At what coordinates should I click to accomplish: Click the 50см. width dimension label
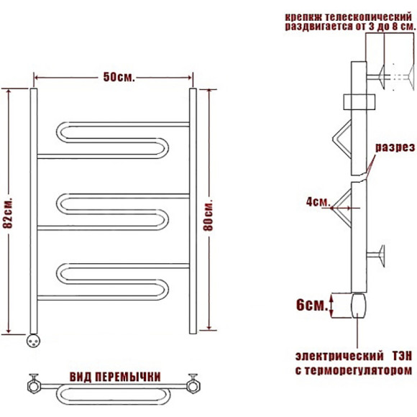119,77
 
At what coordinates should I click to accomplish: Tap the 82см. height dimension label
8,213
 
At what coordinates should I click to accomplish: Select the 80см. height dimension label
208,214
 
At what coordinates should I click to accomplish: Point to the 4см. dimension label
318,202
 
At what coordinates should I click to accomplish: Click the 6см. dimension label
312,305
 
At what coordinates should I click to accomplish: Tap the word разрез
395,147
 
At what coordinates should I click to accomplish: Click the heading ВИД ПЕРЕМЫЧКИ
115,377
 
